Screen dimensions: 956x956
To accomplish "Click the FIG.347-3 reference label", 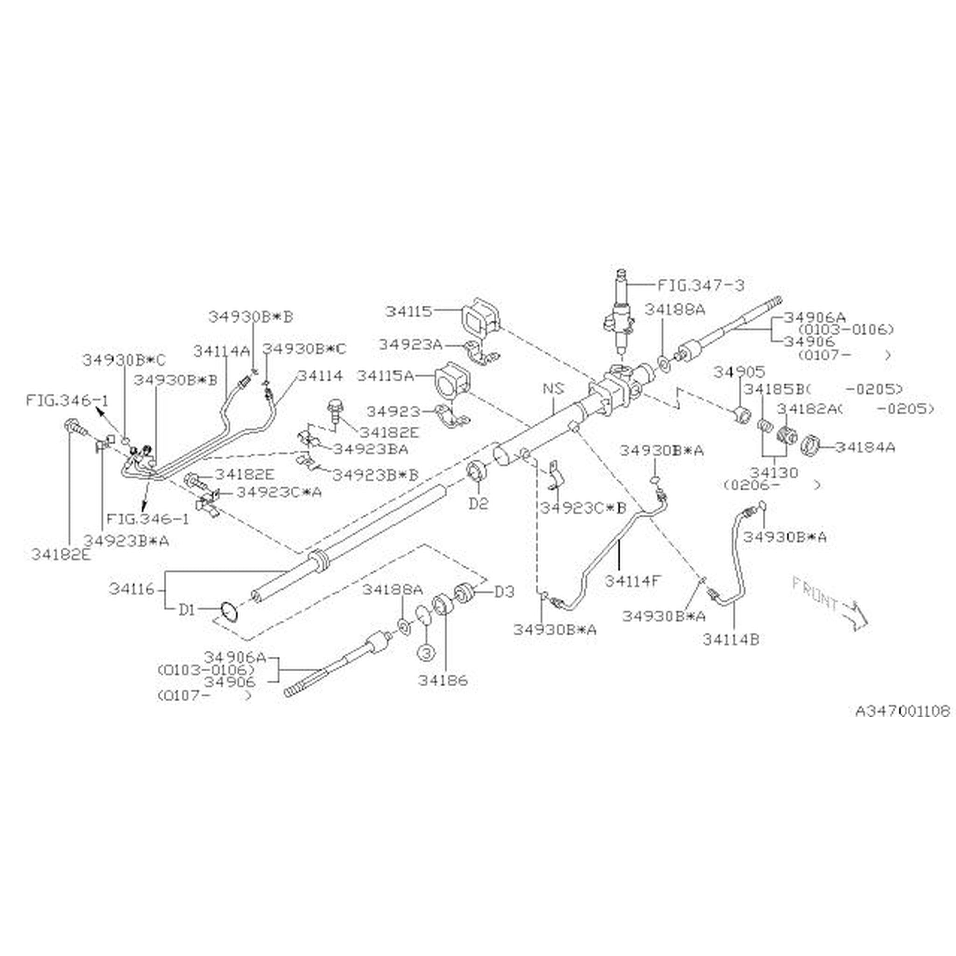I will [700, 285].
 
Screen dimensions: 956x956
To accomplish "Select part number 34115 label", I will [409, 311].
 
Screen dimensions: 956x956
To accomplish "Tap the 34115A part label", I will [386, 376].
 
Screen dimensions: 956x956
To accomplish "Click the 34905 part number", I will [739, 372].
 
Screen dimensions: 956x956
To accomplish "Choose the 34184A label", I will [865, 447].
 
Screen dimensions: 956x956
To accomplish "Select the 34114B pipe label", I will [731, 640].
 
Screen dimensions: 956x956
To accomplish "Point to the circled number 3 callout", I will [427, 652].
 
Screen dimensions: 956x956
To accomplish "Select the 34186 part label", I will [443, 681].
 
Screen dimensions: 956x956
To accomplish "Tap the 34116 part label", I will [132, 589].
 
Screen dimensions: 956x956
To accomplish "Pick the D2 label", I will [478, 504].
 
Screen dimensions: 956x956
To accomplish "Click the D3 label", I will [505, 591].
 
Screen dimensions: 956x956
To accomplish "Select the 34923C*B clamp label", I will [583, 508].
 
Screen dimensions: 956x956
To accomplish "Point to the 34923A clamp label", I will [410, 344].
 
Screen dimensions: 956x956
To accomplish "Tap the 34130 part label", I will [774, 472].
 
